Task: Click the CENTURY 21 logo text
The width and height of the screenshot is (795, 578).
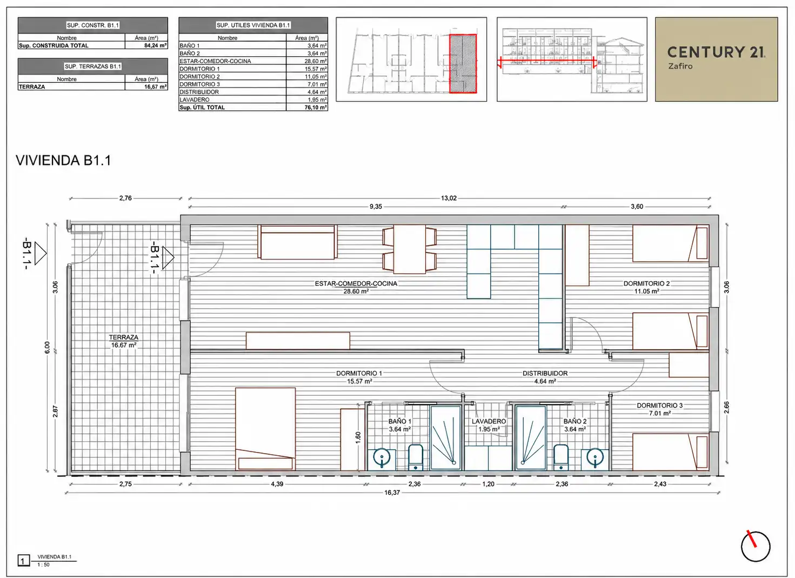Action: [x=716, y=52]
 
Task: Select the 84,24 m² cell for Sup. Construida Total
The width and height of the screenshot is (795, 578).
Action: [x=146, y=45]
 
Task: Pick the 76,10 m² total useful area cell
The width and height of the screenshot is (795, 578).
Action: [x=307, y=107]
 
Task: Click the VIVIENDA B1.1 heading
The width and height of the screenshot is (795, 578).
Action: [x=63, y=161]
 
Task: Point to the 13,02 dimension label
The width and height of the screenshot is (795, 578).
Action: [x=449, y=198]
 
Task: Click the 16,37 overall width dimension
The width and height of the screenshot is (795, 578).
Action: [x=392, y=493]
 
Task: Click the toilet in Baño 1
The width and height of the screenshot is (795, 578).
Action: [x=416, y=457]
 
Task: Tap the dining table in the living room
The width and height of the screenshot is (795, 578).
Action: [x=410, y=249]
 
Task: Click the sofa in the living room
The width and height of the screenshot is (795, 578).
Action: [x=297, y=242]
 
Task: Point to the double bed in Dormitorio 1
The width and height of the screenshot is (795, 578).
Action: [x=265, y=429]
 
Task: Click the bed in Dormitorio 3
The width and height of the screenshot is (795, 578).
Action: [x=670, y=452]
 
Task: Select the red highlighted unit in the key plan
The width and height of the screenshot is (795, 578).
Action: [x=463, y=64]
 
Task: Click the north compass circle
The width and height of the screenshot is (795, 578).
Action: [x=756, y=547]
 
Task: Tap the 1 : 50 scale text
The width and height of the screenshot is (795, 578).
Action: [x=44, y=565]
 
